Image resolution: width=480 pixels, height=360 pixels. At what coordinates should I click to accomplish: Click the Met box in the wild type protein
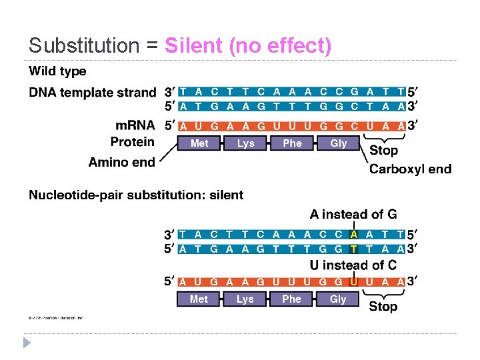click(x=199, y=143)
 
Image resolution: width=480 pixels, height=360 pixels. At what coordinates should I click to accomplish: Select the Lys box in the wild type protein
click(x=245, y=143)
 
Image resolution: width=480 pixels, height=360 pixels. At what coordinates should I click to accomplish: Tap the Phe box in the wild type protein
click(x=292, y=143)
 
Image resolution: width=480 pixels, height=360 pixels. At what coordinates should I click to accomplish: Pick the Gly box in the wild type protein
click(x=339, y=143)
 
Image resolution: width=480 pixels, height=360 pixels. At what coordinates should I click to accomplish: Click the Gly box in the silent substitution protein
click(x=338, y=299)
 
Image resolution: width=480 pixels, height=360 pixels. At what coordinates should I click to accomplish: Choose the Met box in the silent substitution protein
click(x=199, y=299)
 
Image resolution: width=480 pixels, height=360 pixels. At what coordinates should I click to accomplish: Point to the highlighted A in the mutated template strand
click(x=354, y=235)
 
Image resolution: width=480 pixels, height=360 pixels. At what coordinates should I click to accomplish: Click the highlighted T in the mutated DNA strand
click(x=354, y=248)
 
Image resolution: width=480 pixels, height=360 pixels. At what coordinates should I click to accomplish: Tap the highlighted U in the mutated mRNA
click(x=354, y=281)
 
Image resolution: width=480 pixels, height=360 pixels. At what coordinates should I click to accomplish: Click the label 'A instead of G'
click(x=353, y=215)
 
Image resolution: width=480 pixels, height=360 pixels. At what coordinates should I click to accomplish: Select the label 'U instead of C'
click(x=353, y=265)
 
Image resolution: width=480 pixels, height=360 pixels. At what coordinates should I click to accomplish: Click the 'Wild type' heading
click(x=57, y=71)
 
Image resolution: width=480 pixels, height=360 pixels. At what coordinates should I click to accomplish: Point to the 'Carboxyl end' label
click(x=410, y=169)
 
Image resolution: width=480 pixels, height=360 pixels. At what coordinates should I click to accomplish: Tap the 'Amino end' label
click(x=121, y=161)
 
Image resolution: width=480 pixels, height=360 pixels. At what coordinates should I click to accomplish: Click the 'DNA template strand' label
click(x=93, y=92)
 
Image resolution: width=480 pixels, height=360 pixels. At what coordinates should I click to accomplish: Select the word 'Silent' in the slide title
click(x=194, y=46)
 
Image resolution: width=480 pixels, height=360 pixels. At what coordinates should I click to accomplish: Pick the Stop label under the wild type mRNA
click(x=383, y=151)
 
